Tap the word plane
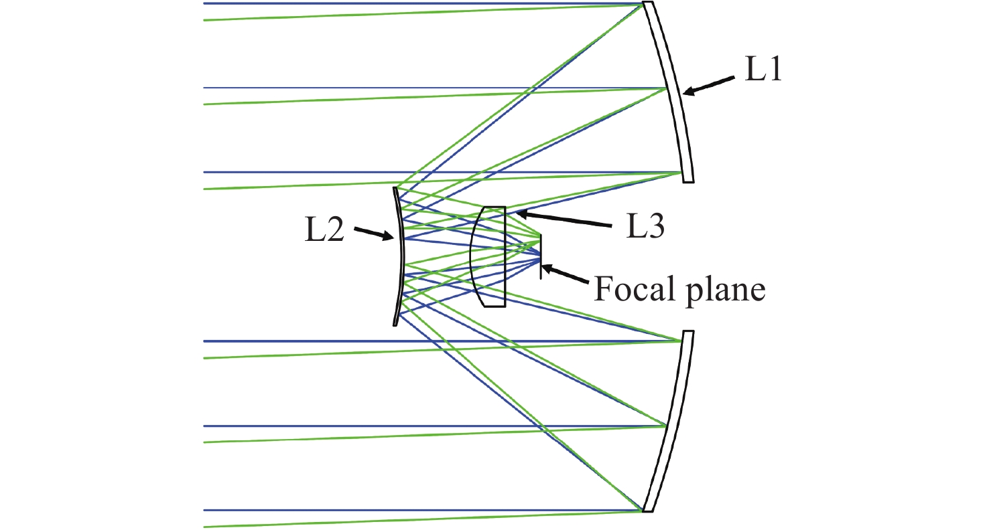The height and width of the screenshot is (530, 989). pos(727,292)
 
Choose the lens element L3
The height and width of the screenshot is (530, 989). pos(489,257)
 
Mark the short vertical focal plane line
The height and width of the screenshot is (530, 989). pos(541,257)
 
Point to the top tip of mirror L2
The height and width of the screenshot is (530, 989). pos(395,189)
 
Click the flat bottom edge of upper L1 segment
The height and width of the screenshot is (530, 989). pos(688,181)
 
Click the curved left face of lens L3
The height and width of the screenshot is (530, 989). pos(472,257)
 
